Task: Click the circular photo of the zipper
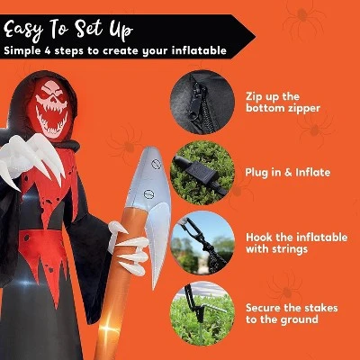pos(202,102)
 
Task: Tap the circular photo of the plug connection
pos(202,173)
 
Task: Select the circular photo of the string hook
pos(202,243)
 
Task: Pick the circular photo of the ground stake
pos(202,313)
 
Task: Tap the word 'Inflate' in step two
pos(313,172)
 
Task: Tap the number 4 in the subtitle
pos(48,50)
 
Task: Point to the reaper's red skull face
pos(51,107)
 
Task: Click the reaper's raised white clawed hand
pos(33,159)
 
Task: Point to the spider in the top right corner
pos(303,17)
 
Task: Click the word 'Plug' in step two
pos(256,173)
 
